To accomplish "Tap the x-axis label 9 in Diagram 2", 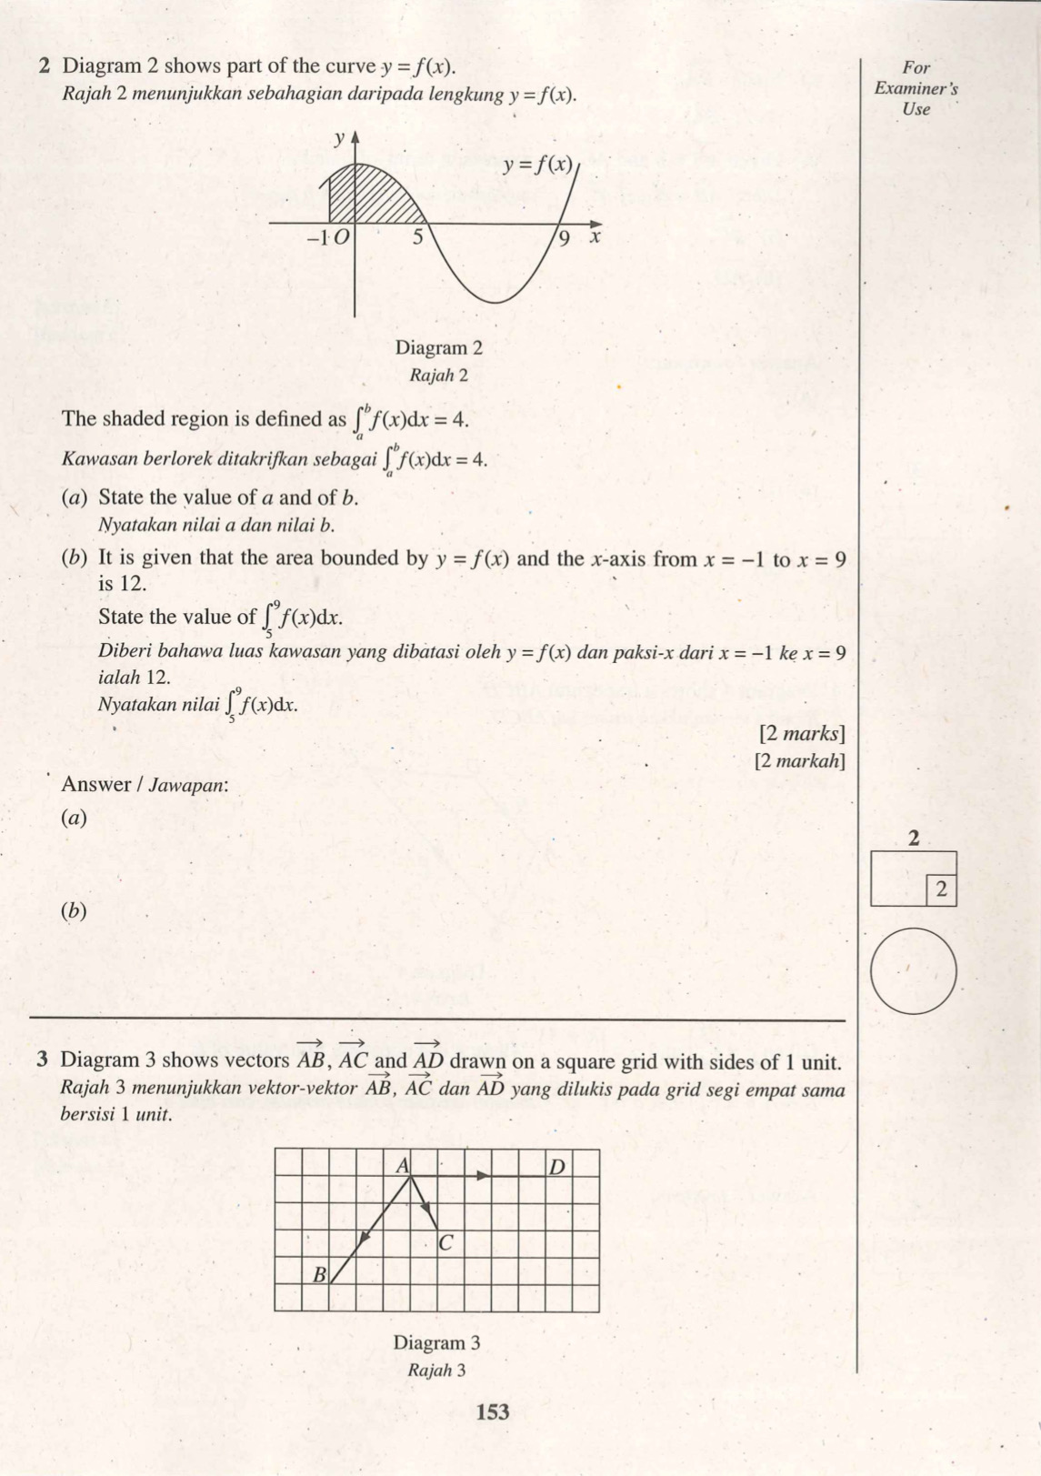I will tap(565, 239).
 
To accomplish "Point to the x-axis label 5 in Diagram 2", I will tap(418, 238).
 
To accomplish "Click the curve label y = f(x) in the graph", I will tap(539, 165).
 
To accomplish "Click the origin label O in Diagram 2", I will tap(341, 238).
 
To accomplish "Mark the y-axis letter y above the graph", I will tap(338, 138).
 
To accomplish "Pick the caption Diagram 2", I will tap(438, 347).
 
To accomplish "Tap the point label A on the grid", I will tap(402, 1165).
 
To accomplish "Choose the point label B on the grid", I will tap(319, 1274).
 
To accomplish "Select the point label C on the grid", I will tap(445, 1242).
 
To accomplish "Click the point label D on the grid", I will tap(557, 1166).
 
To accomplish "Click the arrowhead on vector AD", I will tap(484, 1176).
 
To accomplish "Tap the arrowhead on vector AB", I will tap(363, 1239).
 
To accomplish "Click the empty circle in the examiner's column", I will tap(914, 970).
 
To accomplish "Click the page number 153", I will tap(492, 1411).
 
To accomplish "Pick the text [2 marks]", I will tap(801, 733).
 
